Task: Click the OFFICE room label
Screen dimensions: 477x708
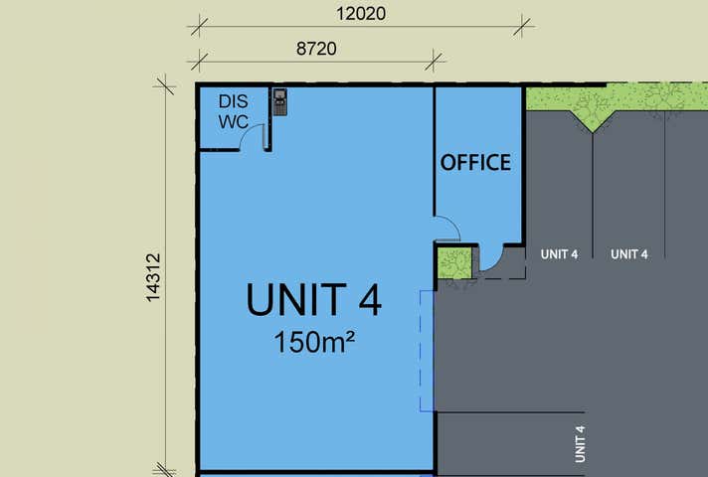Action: coord(475,162)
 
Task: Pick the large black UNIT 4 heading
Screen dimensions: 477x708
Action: coord(313,299)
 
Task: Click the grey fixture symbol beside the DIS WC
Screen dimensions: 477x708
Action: coord(280,101)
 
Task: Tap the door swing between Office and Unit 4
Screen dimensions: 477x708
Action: coord(446,228)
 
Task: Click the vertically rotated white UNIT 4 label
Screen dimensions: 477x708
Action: coord(580,443)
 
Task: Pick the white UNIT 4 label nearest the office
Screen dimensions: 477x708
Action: coord(559,254)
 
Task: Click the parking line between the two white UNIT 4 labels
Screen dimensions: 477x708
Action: coord(594,199)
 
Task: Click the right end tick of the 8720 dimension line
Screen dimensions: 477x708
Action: coord(435,59)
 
